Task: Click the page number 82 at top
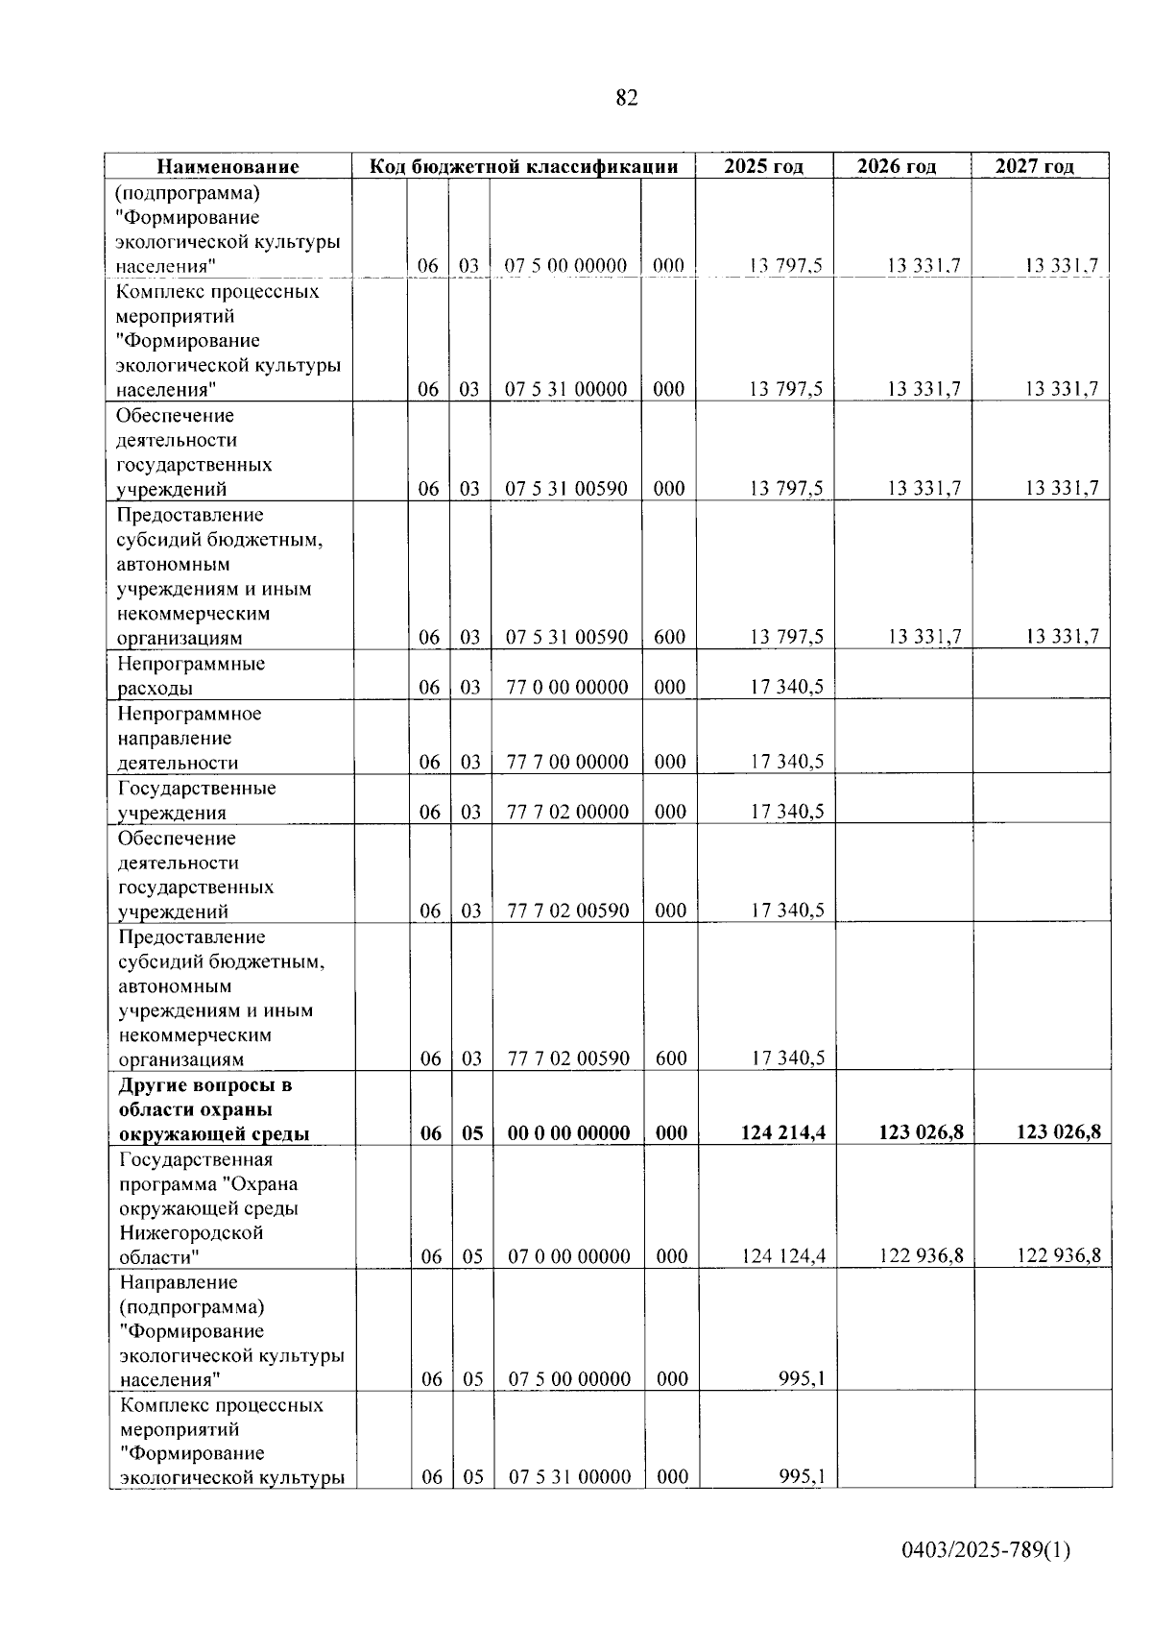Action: point(626,98)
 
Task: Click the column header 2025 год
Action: point(763,166)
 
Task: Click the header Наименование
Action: point(228,166)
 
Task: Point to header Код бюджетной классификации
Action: point(524,166)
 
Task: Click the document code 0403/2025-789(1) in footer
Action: point(985,1550)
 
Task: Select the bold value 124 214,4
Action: point(783,1133)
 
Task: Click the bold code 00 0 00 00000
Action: point(568,1133)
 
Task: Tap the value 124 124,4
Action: point(784,1256)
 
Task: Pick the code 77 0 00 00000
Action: point(567,688)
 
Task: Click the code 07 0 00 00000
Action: point(568,1256)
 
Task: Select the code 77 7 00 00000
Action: point(567,763)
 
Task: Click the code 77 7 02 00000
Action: point(567,813)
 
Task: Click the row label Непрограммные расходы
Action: point(191,676)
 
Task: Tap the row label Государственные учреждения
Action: point(197,800)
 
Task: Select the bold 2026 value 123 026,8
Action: point(921,1133)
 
